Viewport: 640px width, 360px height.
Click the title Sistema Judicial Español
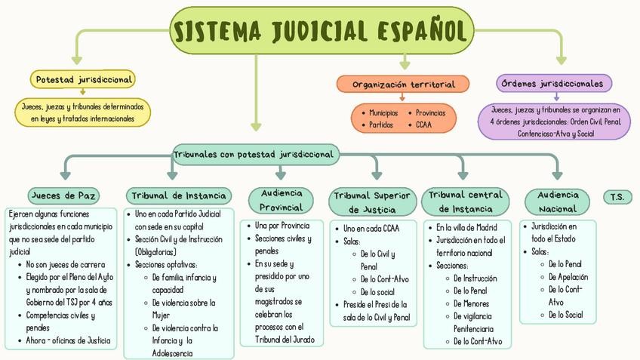point(319,31)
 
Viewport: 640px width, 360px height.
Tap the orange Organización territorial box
point(403,84)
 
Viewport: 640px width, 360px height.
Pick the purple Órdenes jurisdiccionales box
point(555,83)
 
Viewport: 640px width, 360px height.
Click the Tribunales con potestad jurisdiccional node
point(254,154)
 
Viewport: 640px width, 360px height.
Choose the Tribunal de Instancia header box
point(179,196)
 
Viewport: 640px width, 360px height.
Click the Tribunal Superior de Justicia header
point(373,202)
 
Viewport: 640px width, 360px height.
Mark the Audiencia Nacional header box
point(558,202)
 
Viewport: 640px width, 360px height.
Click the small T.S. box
point(617,196)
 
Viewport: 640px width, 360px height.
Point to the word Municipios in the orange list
point(383,112)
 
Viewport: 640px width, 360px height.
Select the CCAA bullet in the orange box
point(423,125)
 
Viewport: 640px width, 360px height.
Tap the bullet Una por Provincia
point(283,226)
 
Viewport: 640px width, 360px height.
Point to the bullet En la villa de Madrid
point(466,227)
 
